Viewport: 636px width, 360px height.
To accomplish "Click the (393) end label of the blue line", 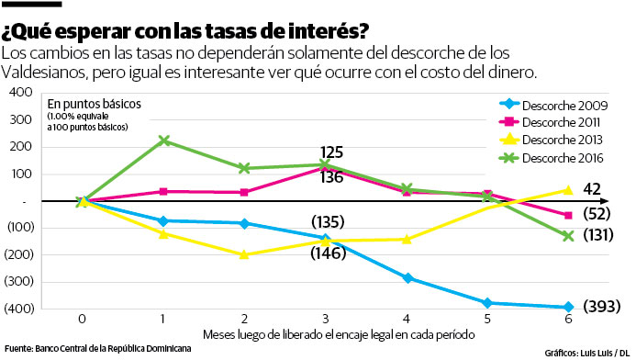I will click(x=602, y=306).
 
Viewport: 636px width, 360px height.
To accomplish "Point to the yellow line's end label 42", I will click(x=592, y=189).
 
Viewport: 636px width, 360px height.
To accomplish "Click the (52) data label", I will click(x=598, y=214).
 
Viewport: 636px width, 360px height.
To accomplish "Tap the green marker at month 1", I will click(x=163, y=141).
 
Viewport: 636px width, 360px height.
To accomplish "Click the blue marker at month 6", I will click(x=567, y=308).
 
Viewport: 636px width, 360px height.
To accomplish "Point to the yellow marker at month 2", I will click(x=243, y=254).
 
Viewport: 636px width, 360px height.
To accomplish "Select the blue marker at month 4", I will click(x=406, y=278).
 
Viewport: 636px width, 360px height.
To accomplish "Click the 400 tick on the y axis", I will click(x=19, y=93).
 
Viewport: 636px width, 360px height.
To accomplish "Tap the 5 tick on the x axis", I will click(x=486, y=320).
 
